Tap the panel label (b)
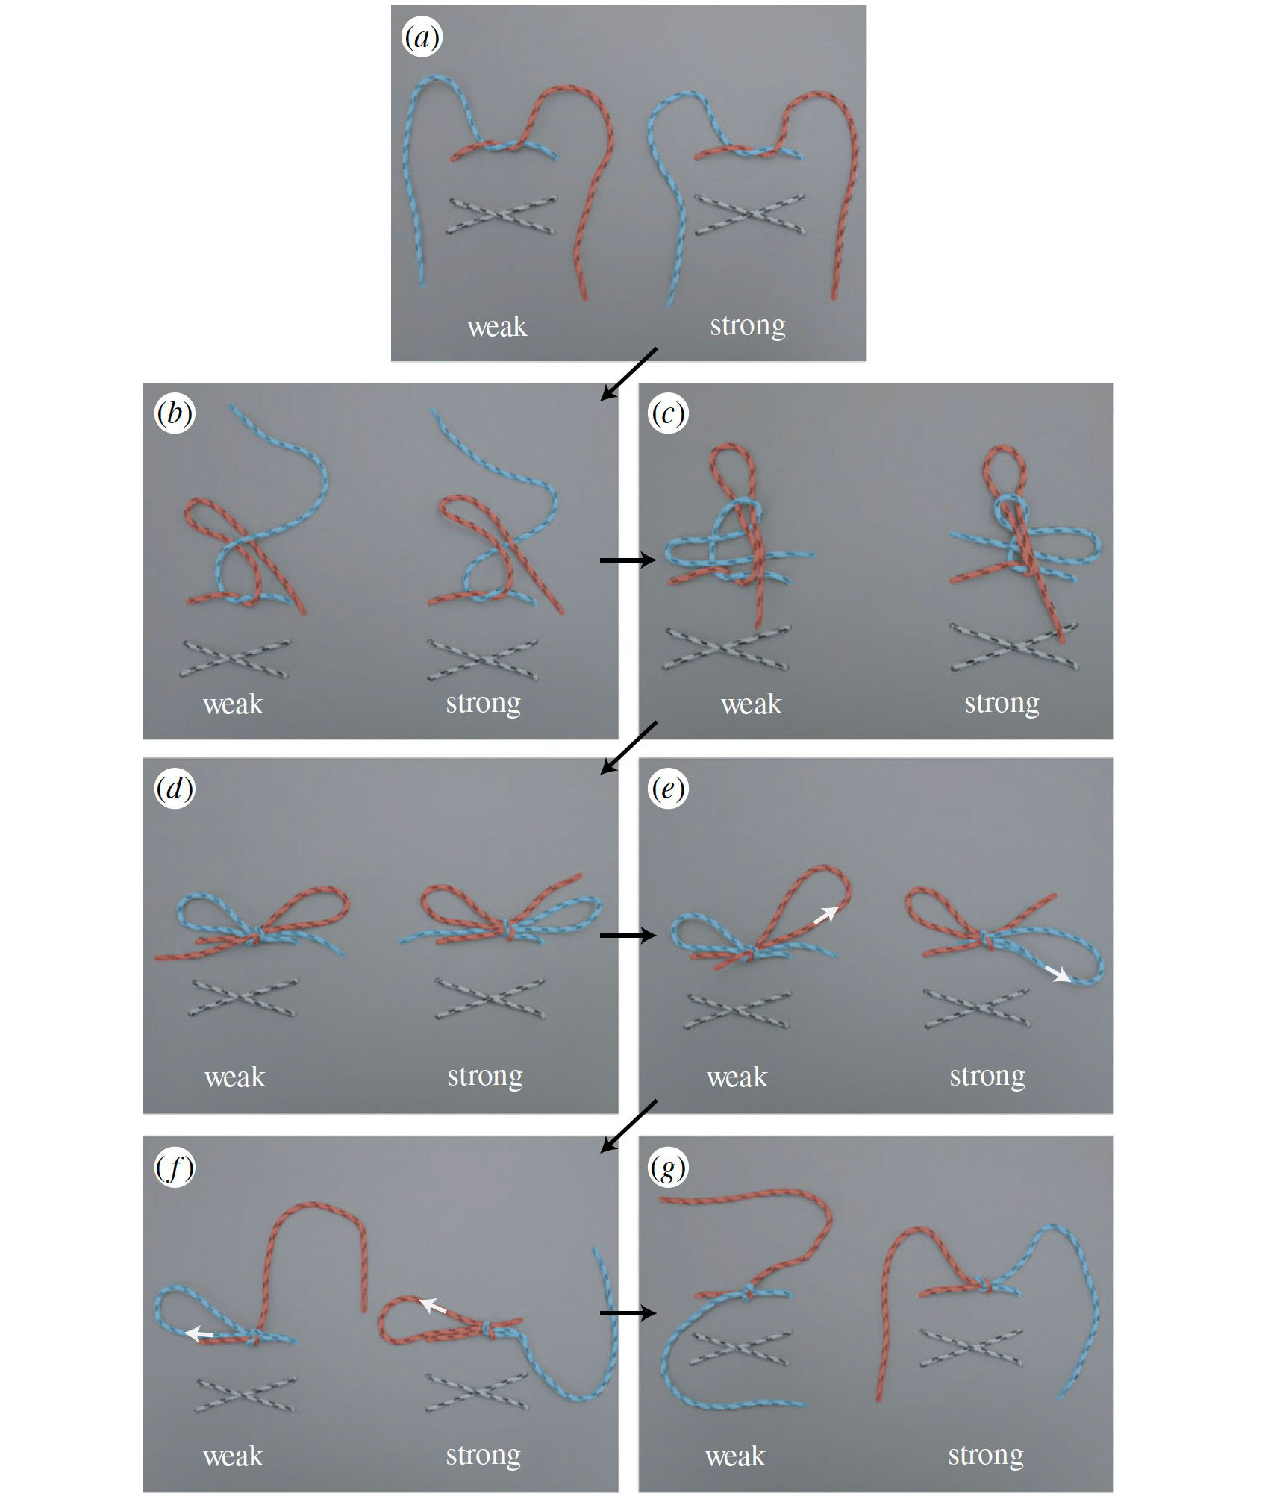[175, 413]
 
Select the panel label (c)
[668, 413]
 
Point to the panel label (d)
[175, 789]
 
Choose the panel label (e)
[668, 789]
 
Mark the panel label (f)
[175, 1168]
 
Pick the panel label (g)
[668, 1168]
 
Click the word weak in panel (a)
[497, 327]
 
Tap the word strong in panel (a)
[748, 326]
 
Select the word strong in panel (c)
[1002, 703]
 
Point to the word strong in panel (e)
[987, 1076]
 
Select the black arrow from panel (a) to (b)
[629, 374]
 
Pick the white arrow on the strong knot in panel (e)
[1058, 974]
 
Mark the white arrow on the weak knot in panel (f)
[199, 1333]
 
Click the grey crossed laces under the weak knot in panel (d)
[244, 998]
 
